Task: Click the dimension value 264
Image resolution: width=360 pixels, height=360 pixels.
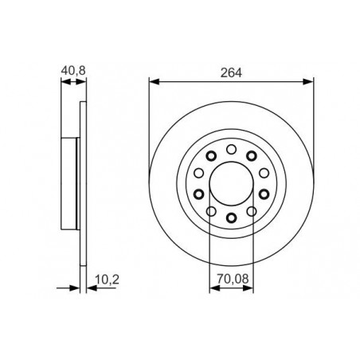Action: click(x=231, y=72)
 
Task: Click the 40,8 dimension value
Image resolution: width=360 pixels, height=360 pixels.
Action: click(x=73, y=71)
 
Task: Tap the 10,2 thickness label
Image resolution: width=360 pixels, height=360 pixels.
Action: click(x=107, y=280)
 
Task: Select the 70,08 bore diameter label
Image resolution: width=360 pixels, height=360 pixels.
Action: click(x=233, y=279)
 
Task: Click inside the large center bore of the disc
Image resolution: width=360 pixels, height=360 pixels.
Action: click(x=231, y=183)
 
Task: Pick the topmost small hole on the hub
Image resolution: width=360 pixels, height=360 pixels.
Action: click(x=232, y=149)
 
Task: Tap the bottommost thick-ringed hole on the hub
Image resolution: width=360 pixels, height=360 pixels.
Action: click(x=232, y=217)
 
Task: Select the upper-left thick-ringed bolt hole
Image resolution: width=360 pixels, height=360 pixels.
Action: click(x=212, y=156)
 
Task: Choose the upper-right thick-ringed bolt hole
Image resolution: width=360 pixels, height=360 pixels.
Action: click(x=252, y=156)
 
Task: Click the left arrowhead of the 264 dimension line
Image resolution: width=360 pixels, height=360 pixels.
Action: click(x=154, y=82)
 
